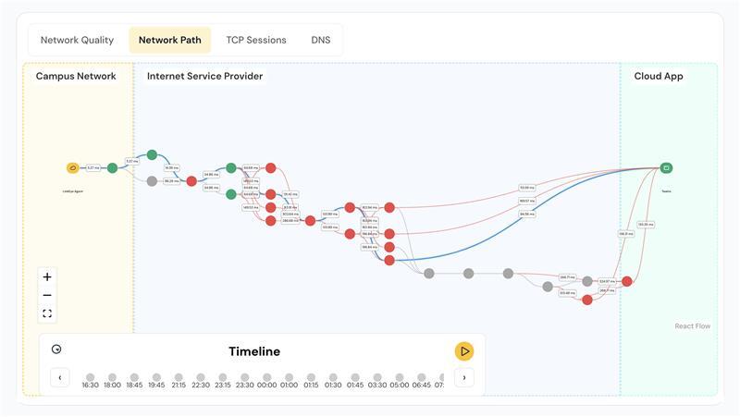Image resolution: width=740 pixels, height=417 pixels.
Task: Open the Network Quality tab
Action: point(77,40)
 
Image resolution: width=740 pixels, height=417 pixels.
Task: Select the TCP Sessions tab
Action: point(256,40)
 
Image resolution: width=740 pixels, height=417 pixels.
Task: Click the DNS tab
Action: point(320,40)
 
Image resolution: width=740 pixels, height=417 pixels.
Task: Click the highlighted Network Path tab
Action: point(170,40)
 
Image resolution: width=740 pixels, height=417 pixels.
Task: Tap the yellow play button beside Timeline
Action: point(464,351)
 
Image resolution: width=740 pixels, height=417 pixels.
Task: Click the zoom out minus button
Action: point(47,295)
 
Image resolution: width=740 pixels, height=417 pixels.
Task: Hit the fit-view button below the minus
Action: point(47,313)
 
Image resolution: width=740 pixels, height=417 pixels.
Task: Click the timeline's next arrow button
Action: point(464,377)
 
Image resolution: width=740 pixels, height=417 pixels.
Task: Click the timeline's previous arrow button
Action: point(60,377)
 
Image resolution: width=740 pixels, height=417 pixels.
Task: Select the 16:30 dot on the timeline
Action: point(90,377)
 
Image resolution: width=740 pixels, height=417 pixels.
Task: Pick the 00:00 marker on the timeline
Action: point(266,377)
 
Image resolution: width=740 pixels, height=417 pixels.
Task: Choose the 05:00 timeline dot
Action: point(399,377)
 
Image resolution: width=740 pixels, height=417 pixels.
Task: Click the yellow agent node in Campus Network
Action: point(73,168)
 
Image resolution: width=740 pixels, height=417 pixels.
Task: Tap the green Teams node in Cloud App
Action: point(666,168)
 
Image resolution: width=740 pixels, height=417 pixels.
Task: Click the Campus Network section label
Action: point(76,76)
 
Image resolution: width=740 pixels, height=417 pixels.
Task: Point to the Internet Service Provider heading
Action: point(204,76)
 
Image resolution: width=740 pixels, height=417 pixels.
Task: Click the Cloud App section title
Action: point(659,76)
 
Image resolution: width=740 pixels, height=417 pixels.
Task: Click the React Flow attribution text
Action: point(692,326)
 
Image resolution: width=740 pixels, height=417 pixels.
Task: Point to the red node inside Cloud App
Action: point(626,281)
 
